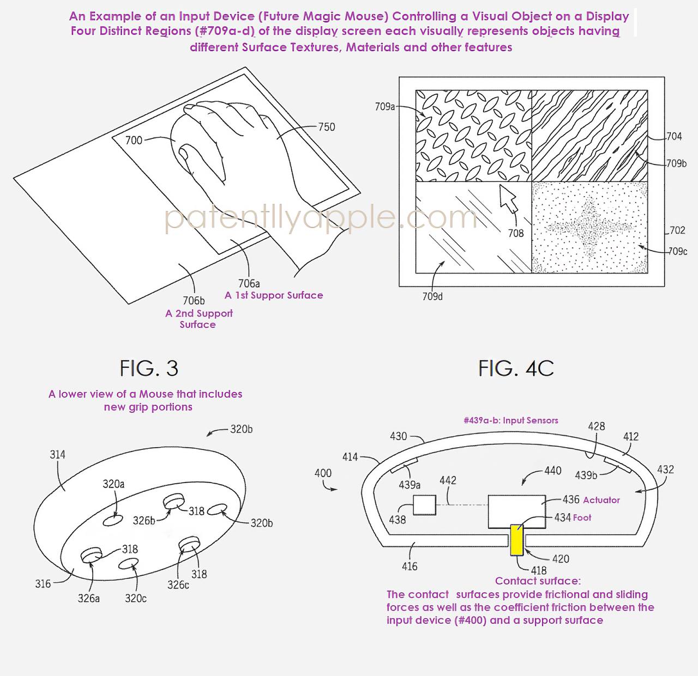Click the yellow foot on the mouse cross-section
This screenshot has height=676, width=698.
516,539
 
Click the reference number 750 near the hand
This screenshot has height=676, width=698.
326,127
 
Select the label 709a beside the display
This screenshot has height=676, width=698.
384,107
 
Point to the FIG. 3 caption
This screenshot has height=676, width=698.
149,369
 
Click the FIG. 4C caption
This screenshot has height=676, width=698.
516,369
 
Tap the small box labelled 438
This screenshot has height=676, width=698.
424,505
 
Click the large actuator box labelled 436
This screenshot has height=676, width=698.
516,511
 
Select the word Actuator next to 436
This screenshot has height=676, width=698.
601,500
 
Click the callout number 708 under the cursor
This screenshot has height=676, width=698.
515,233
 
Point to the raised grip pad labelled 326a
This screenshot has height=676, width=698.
91,555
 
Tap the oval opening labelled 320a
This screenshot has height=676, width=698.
114,519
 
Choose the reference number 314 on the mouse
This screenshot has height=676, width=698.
57,454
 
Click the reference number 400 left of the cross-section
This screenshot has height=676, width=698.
323,473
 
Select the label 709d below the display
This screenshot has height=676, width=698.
432,296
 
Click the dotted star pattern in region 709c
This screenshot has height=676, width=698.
589,227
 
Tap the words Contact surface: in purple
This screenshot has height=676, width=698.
538,581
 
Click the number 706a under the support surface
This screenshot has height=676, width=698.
249,283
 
